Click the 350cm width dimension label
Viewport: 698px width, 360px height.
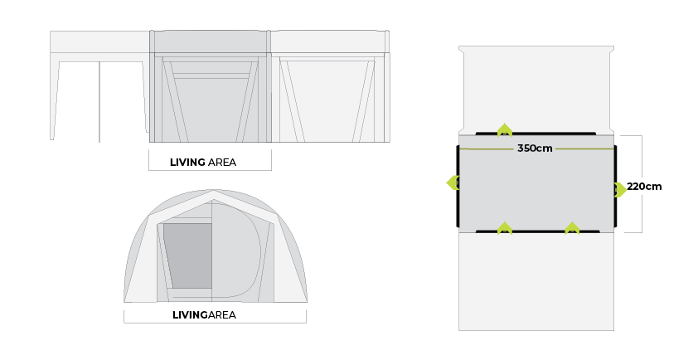(x=535, y=148)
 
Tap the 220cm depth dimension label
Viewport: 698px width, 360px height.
(x=644, y=187)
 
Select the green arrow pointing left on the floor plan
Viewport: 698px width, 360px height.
(x=453, y=182)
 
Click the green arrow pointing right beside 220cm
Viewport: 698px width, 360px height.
(x=620, y=189)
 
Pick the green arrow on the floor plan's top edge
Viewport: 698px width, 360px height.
(x=504, y=129)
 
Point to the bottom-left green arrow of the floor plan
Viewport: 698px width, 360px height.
(x=504, y=228)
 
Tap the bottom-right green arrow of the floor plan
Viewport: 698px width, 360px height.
(x=572, y=228)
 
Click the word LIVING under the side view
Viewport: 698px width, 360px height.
(x=187, y=163)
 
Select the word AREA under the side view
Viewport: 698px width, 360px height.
(x=222, y=163)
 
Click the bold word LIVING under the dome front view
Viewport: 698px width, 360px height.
(x=190, y=315)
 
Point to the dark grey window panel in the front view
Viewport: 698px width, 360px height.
(x=187, y=255)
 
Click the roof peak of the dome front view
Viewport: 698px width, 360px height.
(x=214, y=192)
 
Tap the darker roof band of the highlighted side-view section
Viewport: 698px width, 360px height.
(x=210, y=41)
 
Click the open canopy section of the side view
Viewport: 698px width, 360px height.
(x=99, y=86)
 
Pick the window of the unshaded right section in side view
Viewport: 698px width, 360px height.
(x=327, y=101)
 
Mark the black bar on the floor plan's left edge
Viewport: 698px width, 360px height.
(x=458, y=186)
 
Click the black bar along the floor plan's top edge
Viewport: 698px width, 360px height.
(x=536, y=134)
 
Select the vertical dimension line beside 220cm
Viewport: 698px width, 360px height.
(x=642, y=184)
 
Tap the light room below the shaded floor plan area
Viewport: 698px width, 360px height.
(x=536, y=281)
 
